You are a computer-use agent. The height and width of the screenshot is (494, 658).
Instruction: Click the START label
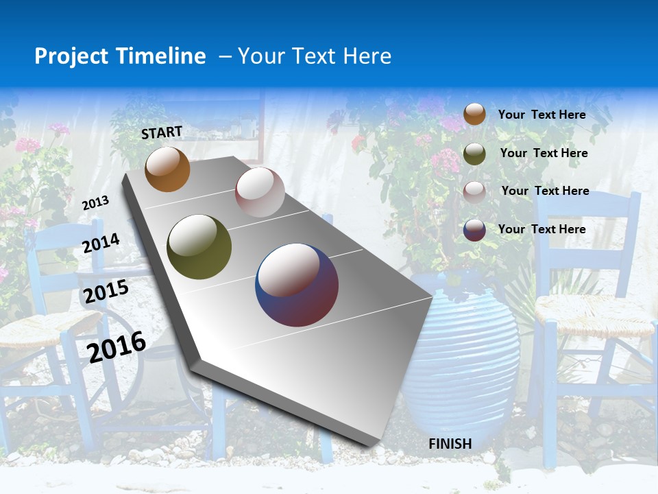coord(162,132)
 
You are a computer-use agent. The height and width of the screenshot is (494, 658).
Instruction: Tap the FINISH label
coord(450,444)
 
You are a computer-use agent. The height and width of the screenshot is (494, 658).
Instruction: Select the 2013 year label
coord(95,202)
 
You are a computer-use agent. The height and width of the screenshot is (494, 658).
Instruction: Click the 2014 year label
coord(101,244)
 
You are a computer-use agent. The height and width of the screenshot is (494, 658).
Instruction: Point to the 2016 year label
coord(117,347)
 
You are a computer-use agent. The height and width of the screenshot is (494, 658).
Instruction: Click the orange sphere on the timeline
coord(167,169)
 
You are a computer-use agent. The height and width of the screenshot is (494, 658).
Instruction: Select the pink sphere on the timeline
coord(260,191)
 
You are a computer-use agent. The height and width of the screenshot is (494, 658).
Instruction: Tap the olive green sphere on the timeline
coord(199,247)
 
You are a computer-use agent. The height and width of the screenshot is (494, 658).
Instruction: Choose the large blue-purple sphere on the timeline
coord(297,285)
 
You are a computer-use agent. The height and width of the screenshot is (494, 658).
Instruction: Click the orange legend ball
coord(474,114)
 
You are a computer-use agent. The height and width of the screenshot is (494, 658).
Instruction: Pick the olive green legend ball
coord(474,153)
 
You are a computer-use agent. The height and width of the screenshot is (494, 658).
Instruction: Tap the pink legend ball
coord(474,191)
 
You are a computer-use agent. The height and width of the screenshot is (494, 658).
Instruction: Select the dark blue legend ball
coord(474,230)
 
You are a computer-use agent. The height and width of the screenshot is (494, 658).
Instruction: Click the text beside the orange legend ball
coord(541,115)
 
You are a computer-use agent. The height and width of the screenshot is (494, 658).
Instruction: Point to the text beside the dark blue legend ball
coord(541,229)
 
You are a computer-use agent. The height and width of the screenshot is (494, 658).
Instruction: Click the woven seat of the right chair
coord(594,316)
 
